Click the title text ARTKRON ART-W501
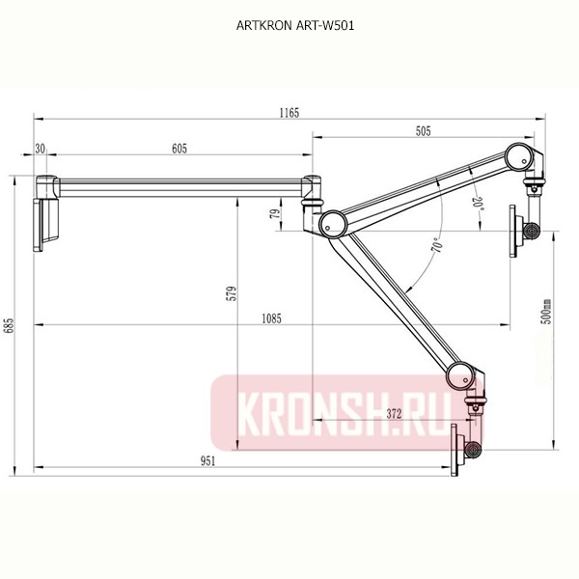coord(289,26)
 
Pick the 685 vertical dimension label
coord(10,325)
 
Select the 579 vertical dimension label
coord(231,293)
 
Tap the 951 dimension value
coord(207,461)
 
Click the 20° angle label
coord(477,205)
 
